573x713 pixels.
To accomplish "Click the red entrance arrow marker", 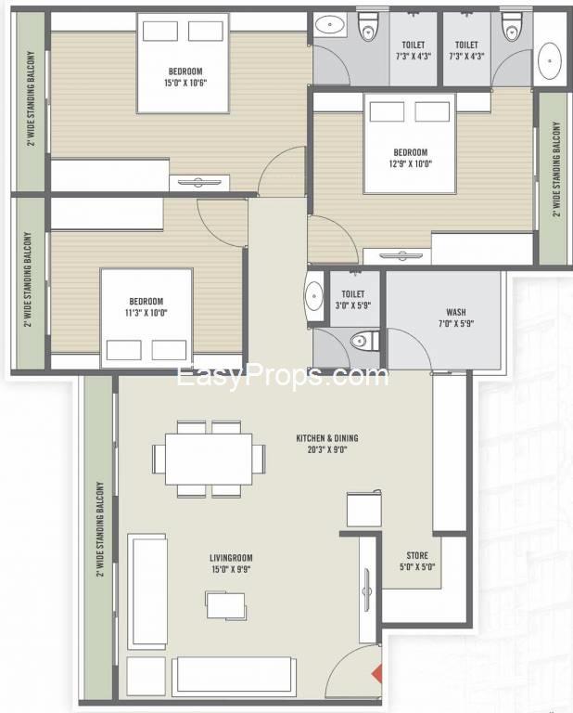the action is [376, 674].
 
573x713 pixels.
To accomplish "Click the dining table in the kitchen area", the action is [209, 460].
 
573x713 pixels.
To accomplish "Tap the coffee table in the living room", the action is [226, 605].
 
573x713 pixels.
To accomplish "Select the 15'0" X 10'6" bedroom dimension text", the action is [185, 84].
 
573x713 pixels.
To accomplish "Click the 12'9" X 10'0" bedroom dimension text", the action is [411, 163].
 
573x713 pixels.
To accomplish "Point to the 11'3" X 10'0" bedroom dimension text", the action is [146, 313].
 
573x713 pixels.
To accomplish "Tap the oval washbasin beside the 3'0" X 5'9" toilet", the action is [313, 296].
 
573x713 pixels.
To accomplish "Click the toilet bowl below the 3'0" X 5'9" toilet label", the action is [364, 340].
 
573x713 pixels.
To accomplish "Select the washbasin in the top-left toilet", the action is [330, 25].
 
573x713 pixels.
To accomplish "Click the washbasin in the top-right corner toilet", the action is [550, 60].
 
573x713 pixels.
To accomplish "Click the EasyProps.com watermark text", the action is [283, 377].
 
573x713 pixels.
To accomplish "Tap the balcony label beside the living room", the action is [100, 529].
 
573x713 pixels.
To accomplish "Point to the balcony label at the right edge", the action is [557, 169].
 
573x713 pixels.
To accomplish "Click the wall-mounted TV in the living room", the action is [367, 590].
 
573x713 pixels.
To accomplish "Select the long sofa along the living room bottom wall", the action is [232, 674].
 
